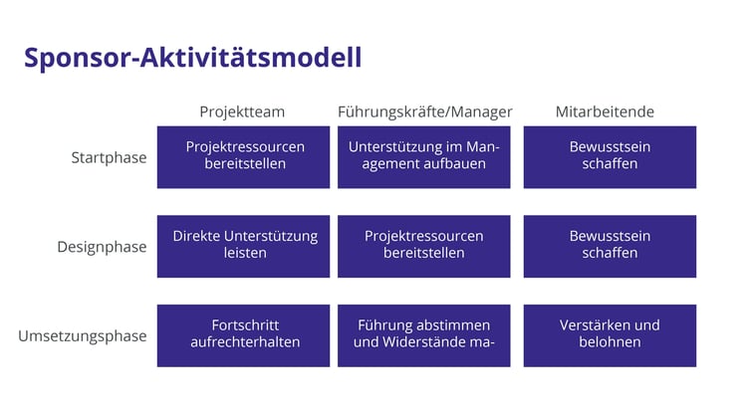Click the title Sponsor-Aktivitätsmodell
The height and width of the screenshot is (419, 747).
click(192, 58)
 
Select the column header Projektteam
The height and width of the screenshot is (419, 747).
click(243, 111)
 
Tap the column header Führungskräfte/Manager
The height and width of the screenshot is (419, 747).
click(424, 111)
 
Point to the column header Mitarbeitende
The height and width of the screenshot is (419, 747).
click(605, 111)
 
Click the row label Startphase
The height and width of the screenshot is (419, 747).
click(109, 157)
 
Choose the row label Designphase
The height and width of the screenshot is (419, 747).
click(102, 247)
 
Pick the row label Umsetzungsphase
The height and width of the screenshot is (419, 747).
click(82, 335)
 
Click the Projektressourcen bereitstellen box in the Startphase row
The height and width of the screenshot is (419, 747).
click(244, 157)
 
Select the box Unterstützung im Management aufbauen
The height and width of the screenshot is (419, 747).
click(423, 157)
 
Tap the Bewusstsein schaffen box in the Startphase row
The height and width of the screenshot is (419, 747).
click(610, 157)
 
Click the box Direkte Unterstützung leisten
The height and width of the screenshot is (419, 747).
click(244, 246)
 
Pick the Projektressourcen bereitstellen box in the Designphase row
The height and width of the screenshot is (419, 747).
click(423, 246)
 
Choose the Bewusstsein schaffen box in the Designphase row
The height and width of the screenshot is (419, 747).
click(610, 246)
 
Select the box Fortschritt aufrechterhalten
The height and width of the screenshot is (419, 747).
click(244, 335)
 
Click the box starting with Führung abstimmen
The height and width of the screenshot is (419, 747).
click(423, 335)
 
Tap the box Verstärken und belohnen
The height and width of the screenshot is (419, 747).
click(610, 335)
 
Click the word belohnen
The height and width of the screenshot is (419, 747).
click(610, 343)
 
